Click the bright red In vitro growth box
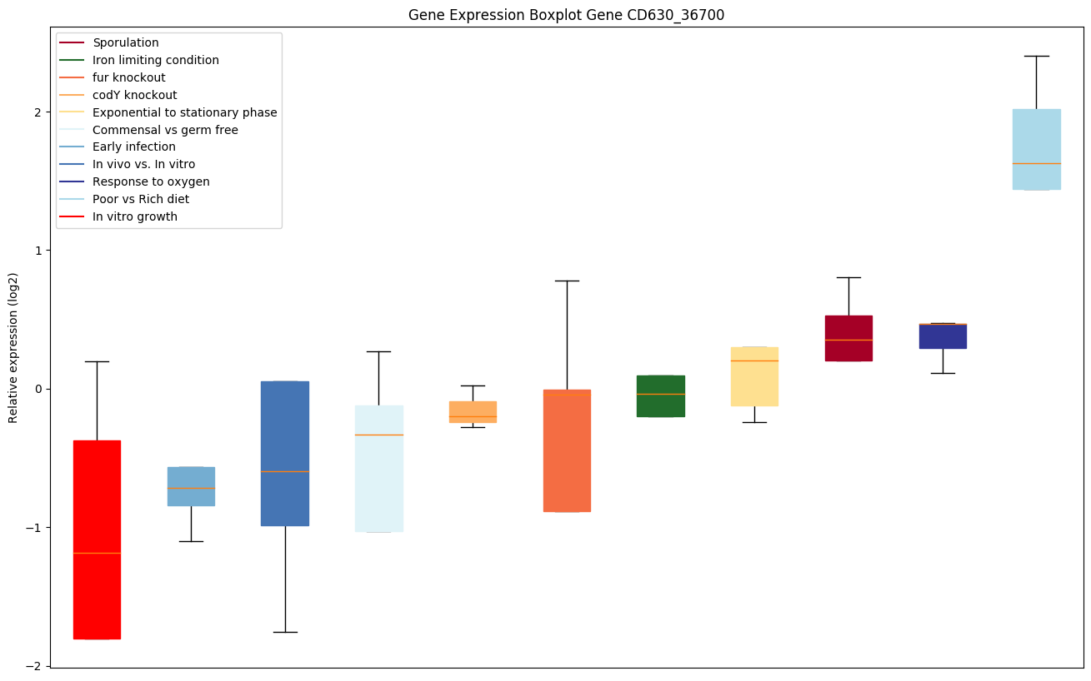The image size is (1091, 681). click(x=97, y=539)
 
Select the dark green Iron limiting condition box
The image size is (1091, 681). click(x=660, y=396)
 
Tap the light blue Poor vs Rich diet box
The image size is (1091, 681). click(x=1036, y=150)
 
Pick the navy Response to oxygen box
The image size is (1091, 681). click(x=943, y=336)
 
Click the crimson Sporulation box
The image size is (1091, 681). click(x=848, y=338)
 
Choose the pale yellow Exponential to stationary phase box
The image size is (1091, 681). click(x=754, y=376)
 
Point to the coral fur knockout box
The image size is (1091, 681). click(x=567, y=450)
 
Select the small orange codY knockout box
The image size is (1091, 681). click(x=473, y=412)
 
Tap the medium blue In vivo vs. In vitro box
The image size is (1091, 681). click(x=285, y=454)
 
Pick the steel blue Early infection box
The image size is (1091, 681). click(x=191, y=486)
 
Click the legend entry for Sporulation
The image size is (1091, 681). click(x=125, y=42)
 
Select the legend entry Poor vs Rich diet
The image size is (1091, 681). click(x=140, y=200)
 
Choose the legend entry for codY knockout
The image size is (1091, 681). click(x=134, y=95)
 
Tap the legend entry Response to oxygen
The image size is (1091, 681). click(x=151, y=182)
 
